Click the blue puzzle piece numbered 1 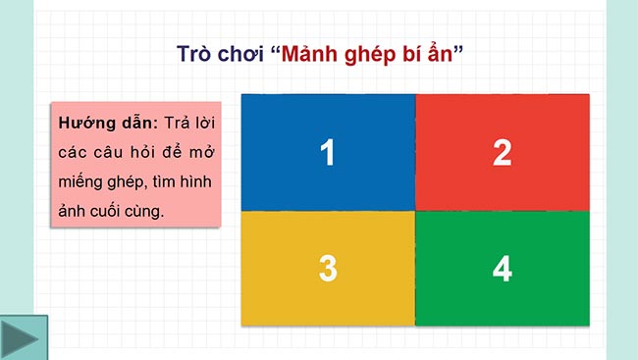(x=328, y=152)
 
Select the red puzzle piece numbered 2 (x=502, y=152)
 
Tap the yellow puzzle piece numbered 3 (x=328, y=268)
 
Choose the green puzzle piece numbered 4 (x=502, y=268)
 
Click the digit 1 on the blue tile (x=328, y=152)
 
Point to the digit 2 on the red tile (x=502, y=152)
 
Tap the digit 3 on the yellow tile (x=328, y=268)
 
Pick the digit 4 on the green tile (x=502, y=268)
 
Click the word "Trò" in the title (x=194, y=54)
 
